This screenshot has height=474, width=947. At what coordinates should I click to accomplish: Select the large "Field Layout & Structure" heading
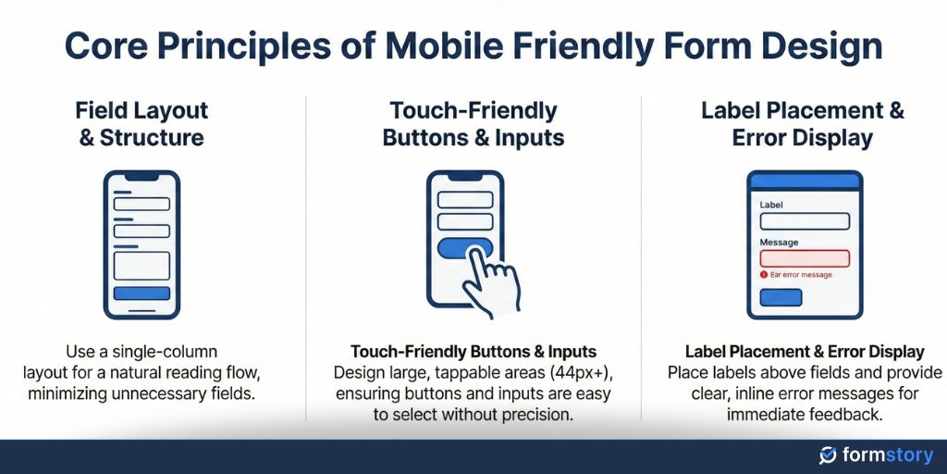click(141, 124)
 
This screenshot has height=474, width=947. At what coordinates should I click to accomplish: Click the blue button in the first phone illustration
click(141, 293)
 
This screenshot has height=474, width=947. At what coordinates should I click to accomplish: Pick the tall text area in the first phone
click(141, 266)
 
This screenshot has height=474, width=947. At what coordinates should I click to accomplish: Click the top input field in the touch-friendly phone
click(465, 200)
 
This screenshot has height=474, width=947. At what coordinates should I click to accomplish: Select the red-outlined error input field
click(804, 258)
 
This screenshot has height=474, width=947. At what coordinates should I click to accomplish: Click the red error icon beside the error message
click(764, 275)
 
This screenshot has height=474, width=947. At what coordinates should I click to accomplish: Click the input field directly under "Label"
click(804, 221)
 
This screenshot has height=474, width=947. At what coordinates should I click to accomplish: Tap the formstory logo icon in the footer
click(828, 455)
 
